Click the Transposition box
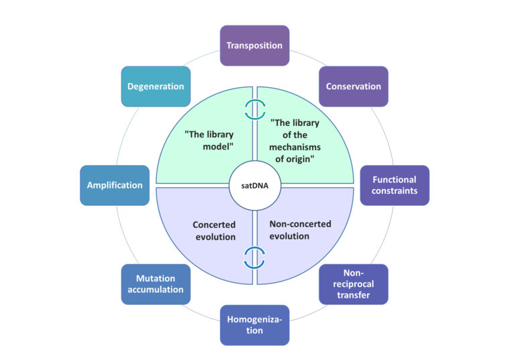254,46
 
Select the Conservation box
353,86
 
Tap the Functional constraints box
395,185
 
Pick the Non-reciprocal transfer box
353,284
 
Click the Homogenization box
254,325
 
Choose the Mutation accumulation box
155,284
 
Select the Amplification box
114,185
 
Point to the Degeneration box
155,86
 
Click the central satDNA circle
254,185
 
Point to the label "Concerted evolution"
214,231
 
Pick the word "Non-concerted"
300,224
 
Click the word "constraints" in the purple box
395,191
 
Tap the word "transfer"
353,295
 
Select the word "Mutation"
155,278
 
